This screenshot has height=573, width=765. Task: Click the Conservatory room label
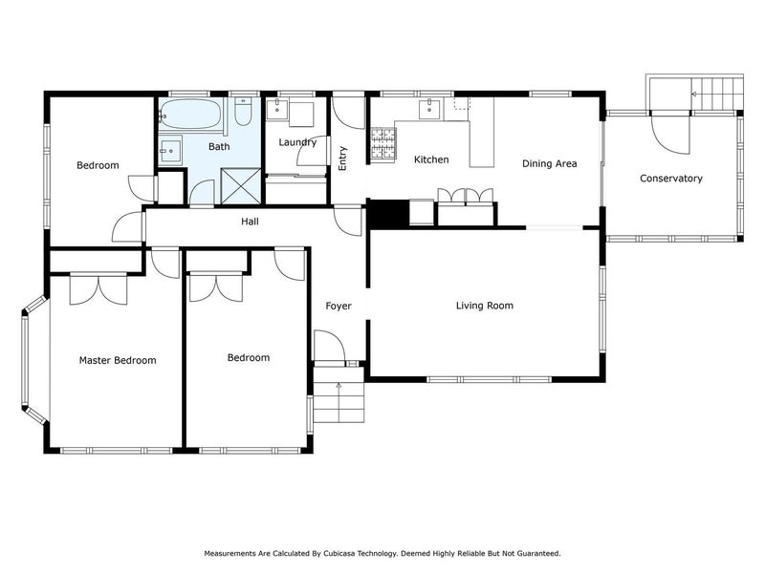click(x=671, y=179)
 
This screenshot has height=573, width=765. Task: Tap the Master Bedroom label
click(x=118, y=361)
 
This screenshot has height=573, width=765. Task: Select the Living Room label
click(x=485, y=306)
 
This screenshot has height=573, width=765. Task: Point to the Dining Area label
click(x=549, y=163)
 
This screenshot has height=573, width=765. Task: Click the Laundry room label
click(x=297, y=142)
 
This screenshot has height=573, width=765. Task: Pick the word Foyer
click(x=339, y=306)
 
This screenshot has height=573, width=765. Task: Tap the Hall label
click(x=250, y=222)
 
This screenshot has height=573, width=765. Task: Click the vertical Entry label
click(x=342, y=159)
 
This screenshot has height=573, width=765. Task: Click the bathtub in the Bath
click(x=190, y=114)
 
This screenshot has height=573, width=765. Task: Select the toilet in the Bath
click(x=243, y=112)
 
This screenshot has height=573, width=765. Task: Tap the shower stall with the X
click(x=241, y=186)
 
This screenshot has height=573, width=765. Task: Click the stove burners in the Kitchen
click(x=383, y=143)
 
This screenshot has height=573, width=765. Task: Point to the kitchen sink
click(x=429, y=109)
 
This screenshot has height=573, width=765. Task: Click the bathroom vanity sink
click(x=170, y=151)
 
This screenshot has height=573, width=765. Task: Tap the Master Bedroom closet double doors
click(x=98, y=290)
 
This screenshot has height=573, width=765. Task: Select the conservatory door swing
click(x=670, y=134)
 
